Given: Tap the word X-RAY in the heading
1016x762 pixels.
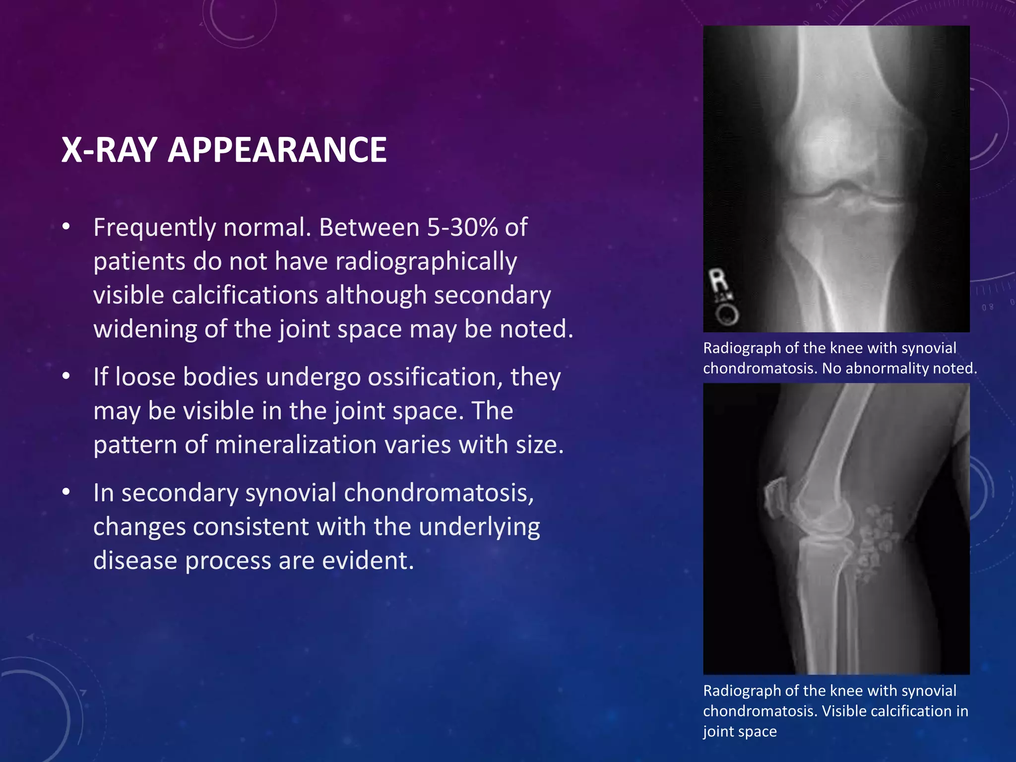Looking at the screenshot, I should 110,150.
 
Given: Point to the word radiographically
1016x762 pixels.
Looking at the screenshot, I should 426,261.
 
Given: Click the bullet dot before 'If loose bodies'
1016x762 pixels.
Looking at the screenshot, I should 66,376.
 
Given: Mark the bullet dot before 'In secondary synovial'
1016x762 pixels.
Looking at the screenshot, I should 66,492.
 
